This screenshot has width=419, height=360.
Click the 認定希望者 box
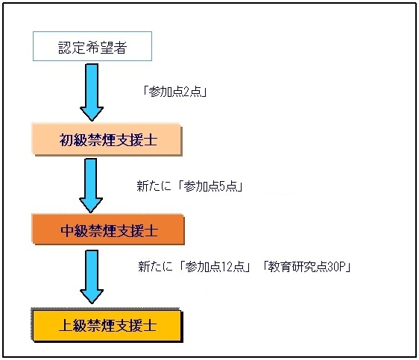[92, 46]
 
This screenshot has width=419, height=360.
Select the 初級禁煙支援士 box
[107, 139]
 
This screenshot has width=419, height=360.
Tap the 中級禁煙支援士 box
[108, 230]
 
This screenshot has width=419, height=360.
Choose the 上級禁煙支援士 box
[107, 325]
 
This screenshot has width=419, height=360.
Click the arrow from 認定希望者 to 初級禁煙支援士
[92, 92]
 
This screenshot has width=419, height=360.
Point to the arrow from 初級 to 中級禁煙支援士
[91, 186]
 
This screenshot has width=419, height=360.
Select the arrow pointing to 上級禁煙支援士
[92, 277]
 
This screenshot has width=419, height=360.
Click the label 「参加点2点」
[175, 92]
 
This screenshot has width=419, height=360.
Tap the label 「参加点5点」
[210, 186]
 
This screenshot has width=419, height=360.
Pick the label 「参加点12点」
[215, 267]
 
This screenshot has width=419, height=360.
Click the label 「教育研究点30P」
[306, 267]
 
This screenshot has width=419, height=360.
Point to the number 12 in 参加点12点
[227, 267]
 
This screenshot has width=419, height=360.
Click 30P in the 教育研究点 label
[336, 267]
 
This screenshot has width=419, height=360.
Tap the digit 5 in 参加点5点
[222, 186]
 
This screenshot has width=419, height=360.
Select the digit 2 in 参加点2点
[187, 92]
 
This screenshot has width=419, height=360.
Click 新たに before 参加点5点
[154, 186]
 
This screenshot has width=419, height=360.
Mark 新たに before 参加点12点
[155, 267]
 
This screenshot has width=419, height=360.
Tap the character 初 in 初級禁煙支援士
[66, 139]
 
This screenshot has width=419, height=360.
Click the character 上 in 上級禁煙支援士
[66, 325]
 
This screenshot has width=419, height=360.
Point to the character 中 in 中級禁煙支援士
[67, 230]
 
